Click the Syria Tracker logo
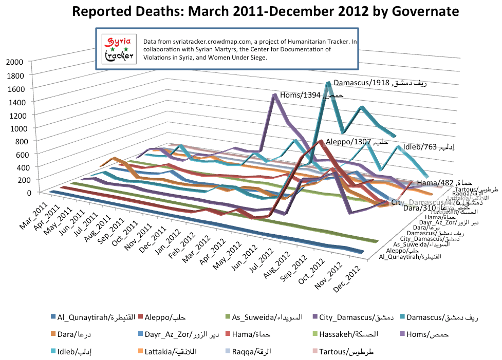tap(118, 50)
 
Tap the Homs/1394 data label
tap(311, 96)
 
